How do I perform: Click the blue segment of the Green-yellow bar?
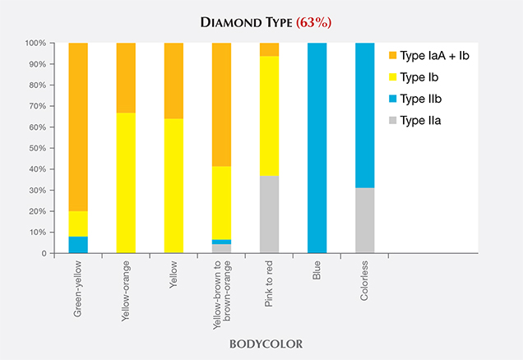point(78,244)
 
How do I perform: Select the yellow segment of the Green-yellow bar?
point(78,224)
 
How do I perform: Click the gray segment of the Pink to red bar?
point(269,215)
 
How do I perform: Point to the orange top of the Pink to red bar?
point(269,49)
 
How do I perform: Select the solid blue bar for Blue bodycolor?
point(317,148)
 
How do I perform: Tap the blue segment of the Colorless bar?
point(364,115)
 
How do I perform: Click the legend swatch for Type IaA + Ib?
point(394,56)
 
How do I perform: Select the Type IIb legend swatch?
point(394,100)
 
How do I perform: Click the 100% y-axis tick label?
point(35,43)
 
